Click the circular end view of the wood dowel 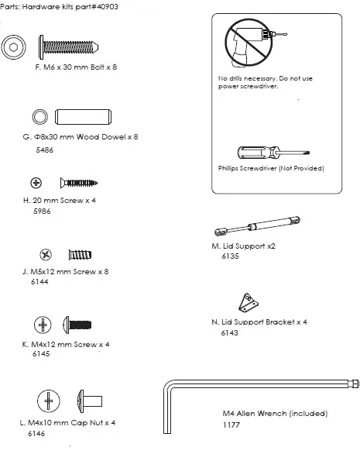tap(39, 117)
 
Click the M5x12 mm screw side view tap(80, 254)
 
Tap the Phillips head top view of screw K tap(43, 324)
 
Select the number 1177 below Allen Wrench tap(231, 425)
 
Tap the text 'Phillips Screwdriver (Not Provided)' tap(271, 168)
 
